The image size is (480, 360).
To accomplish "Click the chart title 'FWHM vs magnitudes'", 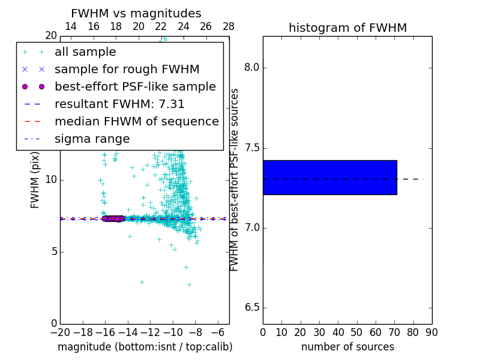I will click(136, 14).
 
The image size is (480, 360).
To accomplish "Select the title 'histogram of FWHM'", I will click(347, 28).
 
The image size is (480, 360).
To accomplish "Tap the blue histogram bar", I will click(329, 178).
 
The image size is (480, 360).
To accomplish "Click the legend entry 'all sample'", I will click(85, 52).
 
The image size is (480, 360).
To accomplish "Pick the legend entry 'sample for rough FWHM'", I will click(127, 70).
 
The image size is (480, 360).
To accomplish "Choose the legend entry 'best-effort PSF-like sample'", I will click(135, 87).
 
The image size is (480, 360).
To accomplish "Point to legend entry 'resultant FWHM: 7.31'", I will click(119, 104).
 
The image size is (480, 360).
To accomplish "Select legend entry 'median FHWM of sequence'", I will click(136, 122).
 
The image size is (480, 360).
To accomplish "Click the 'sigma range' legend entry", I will click(92, 139).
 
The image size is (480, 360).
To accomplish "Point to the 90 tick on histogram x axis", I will click(431, 332).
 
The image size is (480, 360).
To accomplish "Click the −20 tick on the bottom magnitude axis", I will click(60, 332).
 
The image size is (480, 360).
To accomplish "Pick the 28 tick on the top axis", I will click(229, 26).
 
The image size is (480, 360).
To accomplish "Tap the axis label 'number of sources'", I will click(347, 347).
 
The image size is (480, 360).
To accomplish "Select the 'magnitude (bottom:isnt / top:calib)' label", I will click(145, 347).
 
